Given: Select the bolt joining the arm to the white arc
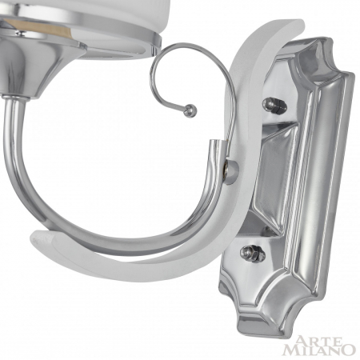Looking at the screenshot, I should tap(231, 170).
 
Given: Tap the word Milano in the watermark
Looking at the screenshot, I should tap(318, 348).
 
